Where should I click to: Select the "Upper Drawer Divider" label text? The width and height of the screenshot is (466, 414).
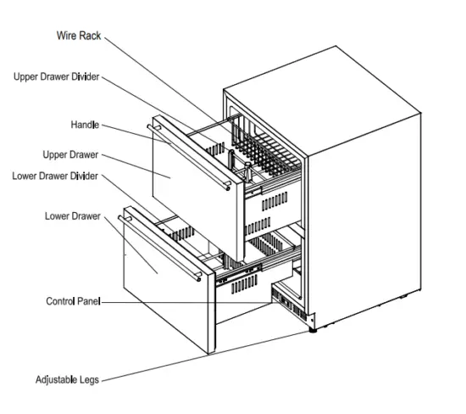(57, 76)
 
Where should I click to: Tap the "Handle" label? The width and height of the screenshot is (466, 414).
(85, 125)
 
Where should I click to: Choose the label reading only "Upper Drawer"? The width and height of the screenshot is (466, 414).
(71, 154)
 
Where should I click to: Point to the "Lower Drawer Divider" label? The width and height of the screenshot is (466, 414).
(56, 176)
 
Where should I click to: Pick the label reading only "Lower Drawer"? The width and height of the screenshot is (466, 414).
(73, 216)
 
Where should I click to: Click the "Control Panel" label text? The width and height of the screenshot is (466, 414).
(74, 301)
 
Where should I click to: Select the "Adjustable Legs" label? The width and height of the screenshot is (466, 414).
(67, 380)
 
